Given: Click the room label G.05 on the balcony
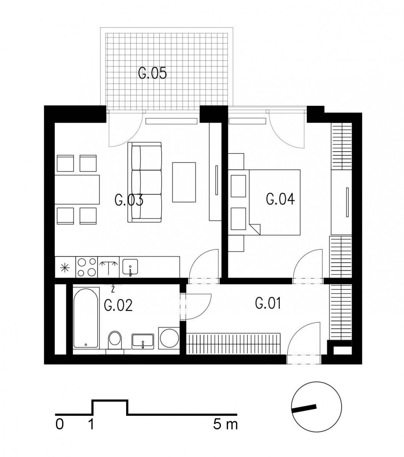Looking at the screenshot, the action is pyautogui.click(x=152, y=73).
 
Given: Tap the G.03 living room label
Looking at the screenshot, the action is pyautogui.click(x=129, y=200).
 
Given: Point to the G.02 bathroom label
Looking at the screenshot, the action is pyautogui.click(x=118, y=306).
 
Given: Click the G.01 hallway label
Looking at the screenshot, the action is pyautogui.click(x=268, y=303).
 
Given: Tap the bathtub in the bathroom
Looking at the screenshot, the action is pyautogui.click(x=86, y=318).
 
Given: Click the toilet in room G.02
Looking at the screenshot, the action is pyautogui.click(x=115, y=340).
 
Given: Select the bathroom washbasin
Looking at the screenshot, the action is pyautogui.click(x=143, y=341).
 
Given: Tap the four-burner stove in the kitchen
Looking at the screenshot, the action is pyautogui.click(x=87, y=267).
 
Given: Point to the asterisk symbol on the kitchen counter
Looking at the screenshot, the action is pyautogui.click(x=65, y=268).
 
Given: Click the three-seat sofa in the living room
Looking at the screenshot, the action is pyautogui.click(x=145, y=182).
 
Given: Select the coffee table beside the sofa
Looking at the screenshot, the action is pyautogui.click(x=184, y=182).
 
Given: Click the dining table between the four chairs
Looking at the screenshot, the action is pyautogui.click(x=77, y=190).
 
